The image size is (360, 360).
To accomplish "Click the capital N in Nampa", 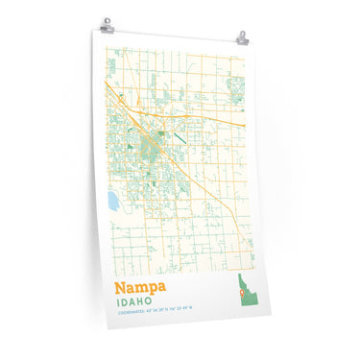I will pos(120,286).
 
